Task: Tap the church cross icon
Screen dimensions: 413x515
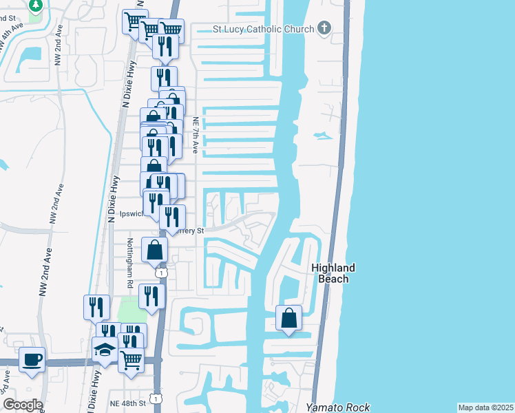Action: coord(324,28)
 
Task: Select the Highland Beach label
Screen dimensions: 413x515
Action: coord(333,273)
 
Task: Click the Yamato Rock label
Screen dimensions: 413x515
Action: coord(337,407)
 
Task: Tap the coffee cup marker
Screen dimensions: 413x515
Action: coord(32,359)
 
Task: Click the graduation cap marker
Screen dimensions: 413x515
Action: coord(105,350)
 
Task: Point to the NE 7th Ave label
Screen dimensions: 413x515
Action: coord(196,129)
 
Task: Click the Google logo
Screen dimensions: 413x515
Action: coord(22,405)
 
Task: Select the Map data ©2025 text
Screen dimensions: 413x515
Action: coord(485,407)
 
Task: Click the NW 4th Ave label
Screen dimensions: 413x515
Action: coord(14,36)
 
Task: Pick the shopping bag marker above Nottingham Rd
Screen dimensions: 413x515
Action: coord(155,249)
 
